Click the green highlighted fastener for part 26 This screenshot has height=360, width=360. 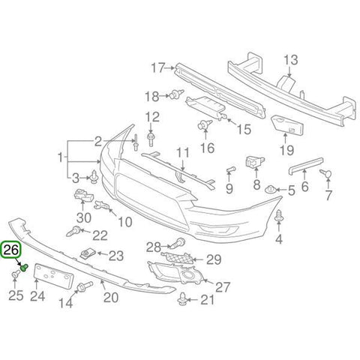click(24, 268)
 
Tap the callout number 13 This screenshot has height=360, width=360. click(291, 60)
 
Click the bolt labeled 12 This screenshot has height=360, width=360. click(151, 139)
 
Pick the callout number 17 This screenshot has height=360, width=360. click(158, 67)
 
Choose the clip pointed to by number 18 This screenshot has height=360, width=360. click(176, 94)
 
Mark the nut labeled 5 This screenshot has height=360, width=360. click(270, 190)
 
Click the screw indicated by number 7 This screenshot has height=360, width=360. click(325, 173)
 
